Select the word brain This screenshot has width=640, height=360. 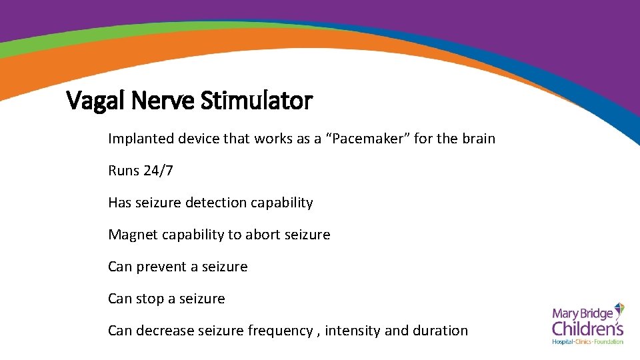point(475,139)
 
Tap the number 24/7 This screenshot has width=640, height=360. point(158,171)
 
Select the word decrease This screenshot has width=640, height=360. point(165,331)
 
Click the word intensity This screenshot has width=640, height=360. point(352,331)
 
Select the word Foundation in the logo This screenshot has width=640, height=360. point(609,341)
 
